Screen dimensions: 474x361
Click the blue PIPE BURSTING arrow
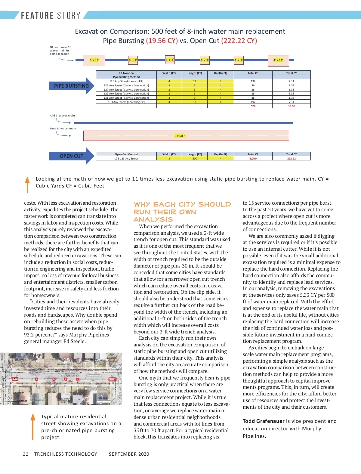tap(72, 86)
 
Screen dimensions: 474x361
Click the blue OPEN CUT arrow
tap(72, 156)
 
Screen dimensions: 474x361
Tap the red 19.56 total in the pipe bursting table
tap(292, 106)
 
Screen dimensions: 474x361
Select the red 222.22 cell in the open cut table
tap(291, 159)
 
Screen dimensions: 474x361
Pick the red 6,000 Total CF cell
tap(253, 159)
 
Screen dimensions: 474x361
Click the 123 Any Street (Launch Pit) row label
tap(126, 81)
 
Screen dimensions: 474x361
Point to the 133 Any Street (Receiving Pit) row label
tap(126, 102)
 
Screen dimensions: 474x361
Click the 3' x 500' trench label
tap(179, 136)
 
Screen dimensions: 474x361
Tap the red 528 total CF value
tap(253, 106)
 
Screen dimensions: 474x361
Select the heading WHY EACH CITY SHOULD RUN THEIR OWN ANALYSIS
tap(182, 212)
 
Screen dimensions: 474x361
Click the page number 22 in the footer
tap(26, 454)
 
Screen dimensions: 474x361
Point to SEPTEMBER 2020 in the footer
tap(129, 454)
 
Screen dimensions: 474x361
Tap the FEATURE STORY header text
tap(51, 15)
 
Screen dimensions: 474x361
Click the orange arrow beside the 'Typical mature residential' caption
tap(33, 426)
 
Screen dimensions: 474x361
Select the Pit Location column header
tap(126, 73)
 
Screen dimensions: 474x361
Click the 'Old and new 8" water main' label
tap(60, 51)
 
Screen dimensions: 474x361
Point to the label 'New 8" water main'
tap(63, 129)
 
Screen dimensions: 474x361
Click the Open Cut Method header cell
tap(126, 154)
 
